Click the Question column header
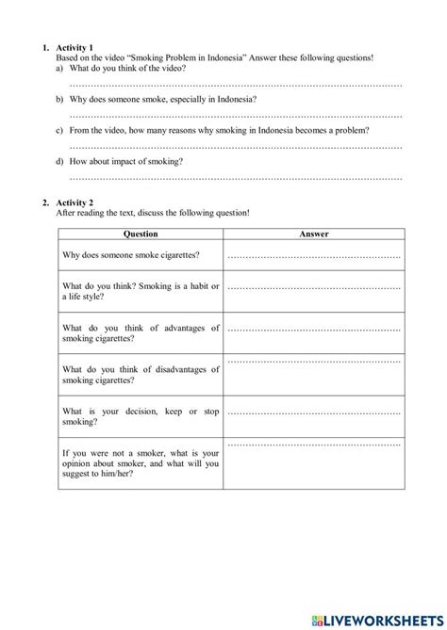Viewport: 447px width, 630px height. coord(141,234)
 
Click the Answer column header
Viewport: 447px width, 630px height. coord(314,234)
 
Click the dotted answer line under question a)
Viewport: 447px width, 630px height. coord(236,85)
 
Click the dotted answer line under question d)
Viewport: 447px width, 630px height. coord(236,177)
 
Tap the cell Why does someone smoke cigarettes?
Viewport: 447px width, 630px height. coord(141,255)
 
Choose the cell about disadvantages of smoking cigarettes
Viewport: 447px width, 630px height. coord(141,374)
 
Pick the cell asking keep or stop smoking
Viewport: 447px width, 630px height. coord(141,416)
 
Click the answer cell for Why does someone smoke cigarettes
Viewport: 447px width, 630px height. coord(314,255)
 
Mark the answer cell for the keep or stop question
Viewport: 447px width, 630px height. coord(314,412)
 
